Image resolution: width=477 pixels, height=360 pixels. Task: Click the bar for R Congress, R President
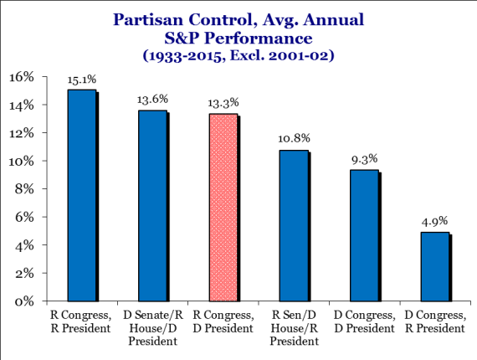[x=82, y=195]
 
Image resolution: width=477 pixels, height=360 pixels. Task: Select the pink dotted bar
[x=223, y=208]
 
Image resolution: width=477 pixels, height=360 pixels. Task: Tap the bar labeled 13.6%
[x=152, y=206]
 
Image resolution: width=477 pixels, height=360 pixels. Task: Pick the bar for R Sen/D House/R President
[x=295, y=225]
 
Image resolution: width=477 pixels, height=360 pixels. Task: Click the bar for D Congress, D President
[x=364, y=236]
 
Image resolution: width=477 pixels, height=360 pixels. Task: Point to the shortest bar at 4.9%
[x=435, y=266]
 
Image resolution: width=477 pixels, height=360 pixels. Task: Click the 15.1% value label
[x=81, y=80]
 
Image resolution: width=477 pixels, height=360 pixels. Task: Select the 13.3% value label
[x=223, y=103]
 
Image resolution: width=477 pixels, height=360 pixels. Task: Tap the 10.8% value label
[x=294, y=138]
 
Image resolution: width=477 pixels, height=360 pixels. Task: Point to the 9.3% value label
[x=364, y=159]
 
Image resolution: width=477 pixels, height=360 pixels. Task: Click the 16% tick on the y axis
[x=21, y=77]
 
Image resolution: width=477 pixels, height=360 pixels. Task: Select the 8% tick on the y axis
[x=24, y=189]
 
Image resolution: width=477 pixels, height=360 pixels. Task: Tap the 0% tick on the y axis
[x=24, y=301]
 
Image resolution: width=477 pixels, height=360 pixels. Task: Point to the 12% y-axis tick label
[x=21, y=133]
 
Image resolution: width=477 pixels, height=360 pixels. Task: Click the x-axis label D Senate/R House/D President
[x=152, y=327]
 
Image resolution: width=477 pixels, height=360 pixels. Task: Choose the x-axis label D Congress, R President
[x=435, y=321]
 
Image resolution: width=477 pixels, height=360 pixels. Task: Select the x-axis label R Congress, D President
[x=223, y=321]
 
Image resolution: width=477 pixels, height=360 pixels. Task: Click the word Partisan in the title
[x=148, y=20]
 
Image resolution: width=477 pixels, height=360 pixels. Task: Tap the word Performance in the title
[x=259, y=39]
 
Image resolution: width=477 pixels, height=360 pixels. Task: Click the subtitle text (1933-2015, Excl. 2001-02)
[x=238, y=56]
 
